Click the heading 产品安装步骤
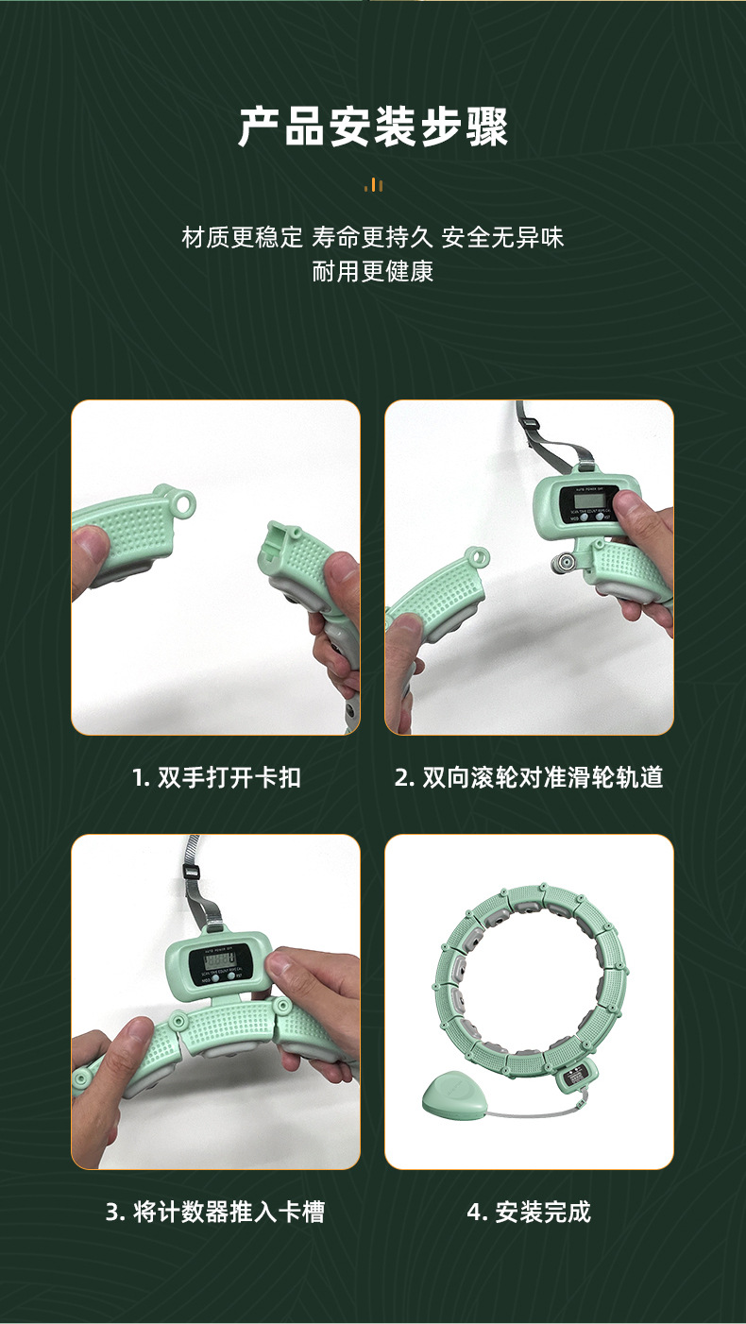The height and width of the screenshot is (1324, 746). [373, 127]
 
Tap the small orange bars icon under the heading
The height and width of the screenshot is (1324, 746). [374, 185]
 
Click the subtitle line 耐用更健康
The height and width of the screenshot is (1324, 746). [373, 272]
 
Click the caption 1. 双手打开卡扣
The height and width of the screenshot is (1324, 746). [216, 777]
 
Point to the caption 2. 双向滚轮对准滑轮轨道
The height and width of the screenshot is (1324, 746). [529, 777]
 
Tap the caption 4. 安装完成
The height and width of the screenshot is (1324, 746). [529, 1212]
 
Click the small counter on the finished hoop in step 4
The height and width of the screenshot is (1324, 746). [574, 1078]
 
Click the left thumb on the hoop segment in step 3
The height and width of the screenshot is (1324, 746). [132, 1048]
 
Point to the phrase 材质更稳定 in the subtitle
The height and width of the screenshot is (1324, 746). [242, 237]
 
